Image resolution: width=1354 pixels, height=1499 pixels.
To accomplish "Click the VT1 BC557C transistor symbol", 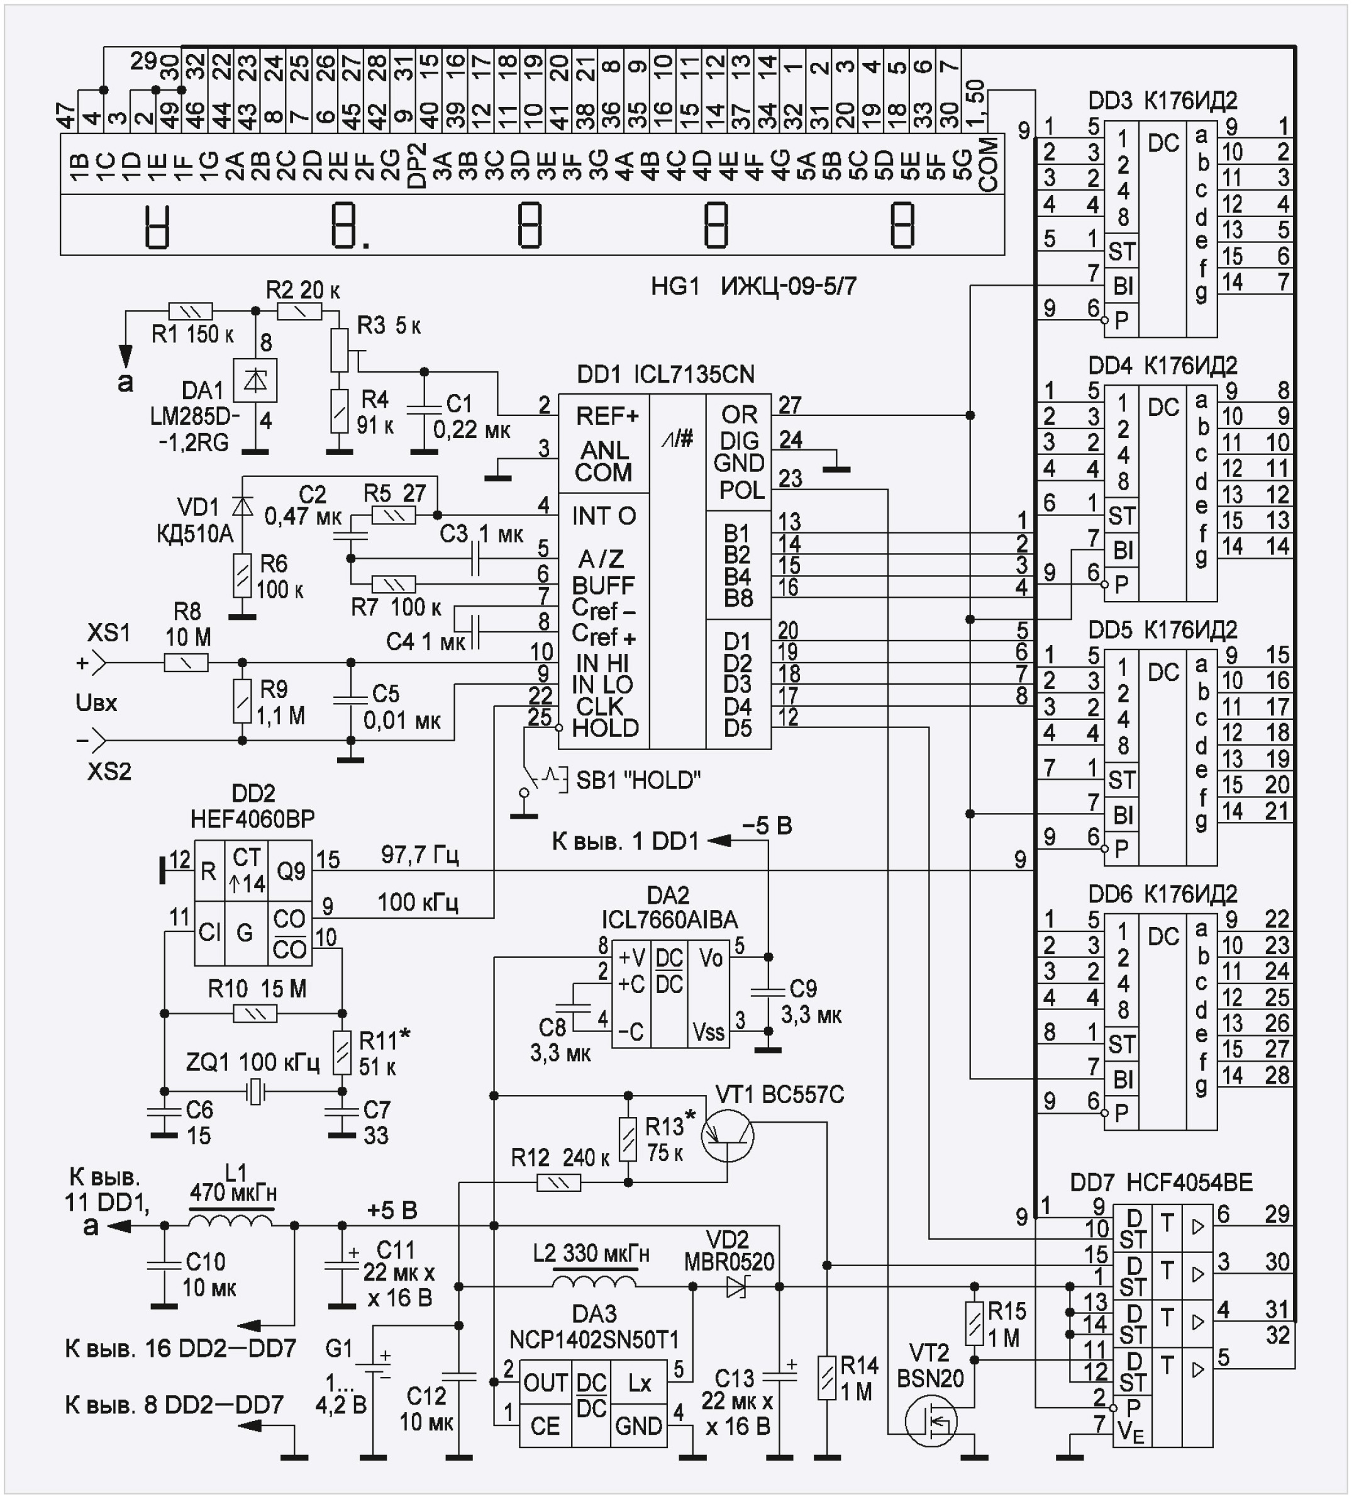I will pyautogui.click(x=728, y=1135).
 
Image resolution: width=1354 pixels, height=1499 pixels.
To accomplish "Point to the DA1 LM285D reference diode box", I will pyautogui.click(x=255, y=380).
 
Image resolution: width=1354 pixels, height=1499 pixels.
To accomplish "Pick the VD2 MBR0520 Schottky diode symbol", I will pyautogui.click(x=736, y=1286).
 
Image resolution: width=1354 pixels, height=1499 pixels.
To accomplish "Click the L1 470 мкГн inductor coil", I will pyautogui.click(x=230, y=1223).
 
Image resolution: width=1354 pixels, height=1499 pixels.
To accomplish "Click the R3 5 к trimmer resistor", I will pyautogui.click(x=340, y=349).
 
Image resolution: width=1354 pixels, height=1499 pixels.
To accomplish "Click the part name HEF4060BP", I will pyautogui.click(x=253, y=819).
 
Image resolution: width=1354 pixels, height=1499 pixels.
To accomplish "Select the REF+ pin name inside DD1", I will pyautogui.click(x=606, y=415).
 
